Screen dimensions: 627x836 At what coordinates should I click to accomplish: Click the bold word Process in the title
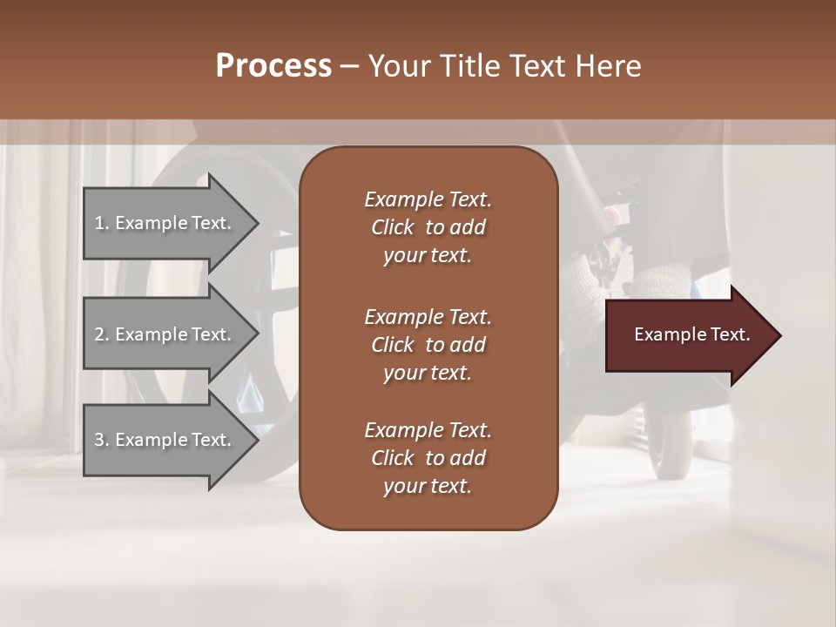(x=273, y=66)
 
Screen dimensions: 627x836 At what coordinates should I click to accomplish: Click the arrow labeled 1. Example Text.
(x=165, y=223)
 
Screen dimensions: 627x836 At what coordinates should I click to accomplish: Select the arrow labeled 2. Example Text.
(x=165, y=334)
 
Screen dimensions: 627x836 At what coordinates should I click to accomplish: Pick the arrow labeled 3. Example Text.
(x=165, y=440)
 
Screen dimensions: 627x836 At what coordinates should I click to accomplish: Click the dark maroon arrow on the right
(x=688, y=335)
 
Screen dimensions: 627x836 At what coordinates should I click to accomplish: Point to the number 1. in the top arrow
(x=102, y=223)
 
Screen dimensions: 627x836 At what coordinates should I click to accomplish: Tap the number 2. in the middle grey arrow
(x=102, y=334)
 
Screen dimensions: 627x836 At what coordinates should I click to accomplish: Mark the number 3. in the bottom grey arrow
(x=102, y=440)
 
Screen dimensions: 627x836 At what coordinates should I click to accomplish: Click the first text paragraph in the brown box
(x=428, y=227)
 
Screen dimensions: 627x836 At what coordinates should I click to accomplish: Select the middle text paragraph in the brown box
(x=428, y=345)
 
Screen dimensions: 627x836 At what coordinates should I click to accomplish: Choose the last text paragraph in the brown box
(x=428, y=458)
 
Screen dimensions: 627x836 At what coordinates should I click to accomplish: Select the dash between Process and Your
(x=349, y=66)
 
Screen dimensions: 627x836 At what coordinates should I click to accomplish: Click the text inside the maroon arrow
(x=691, y=334)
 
